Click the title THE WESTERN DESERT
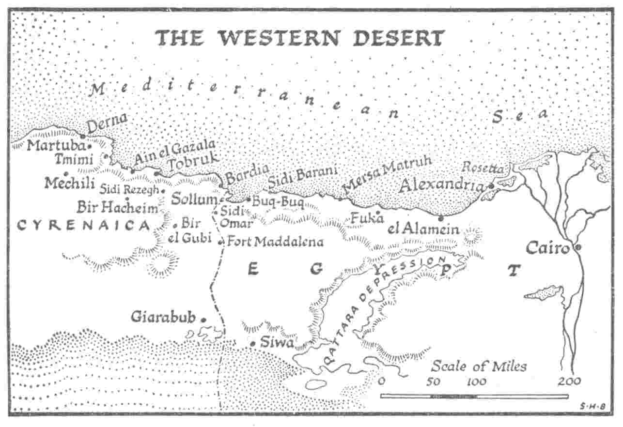[x=299, y=38]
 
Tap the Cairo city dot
[x=577, y=247]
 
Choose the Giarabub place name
[x=163, y=318]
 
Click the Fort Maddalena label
[x=275, y=241]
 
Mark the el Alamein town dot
[x=441, y=218]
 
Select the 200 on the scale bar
[x=570, y=381]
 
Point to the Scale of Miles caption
[x=479, y=366]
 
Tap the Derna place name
[x=107, y=123]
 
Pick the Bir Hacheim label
[x=118, y=208]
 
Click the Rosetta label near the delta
[x=483, y=168]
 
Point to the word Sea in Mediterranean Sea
[x=520, y=115]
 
